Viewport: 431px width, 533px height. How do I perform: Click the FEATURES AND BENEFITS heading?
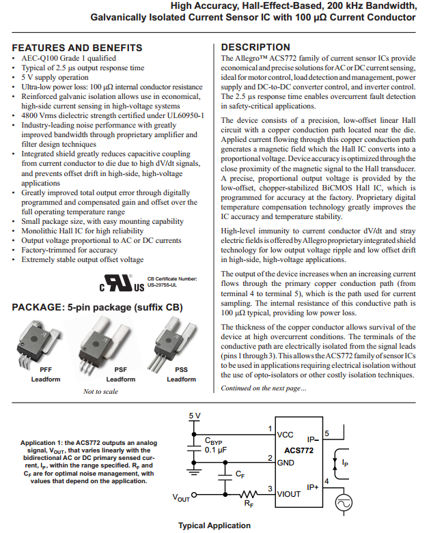77,48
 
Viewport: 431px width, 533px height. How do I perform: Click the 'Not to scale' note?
100,392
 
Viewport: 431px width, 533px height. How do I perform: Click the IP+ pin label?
313,487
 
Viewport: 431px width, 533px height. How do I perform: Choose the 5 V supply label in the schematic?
195,416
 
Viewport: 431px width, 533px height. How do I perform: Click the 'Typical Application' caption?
214,525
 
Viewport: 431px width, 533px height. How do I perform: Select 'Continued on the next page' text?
264,388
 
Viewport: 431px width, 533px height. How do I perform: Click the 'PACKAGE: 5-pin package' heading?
98,308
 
